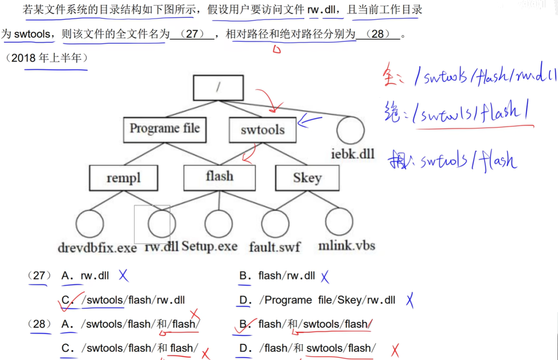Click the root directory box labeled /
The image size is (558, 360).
tap(218, 88)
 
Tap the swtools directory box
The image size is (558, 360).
tap(263, 130)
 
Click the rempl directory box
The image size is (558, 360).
tap(123, 178)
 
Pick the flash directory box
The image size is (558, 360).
tap(219, 177)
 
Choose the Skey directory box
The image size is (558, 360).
tap(307, 178)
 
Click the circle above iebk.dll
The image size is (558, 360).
tap(350, 130)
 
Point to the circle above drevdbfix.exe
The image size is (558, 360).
tap(90, 224)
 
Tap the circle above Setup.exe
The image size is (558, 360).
tap(219, 224)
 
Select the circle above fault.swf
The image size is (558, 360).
tap(275, 224)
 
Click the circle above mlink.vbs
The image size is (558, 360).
tap(339, 222)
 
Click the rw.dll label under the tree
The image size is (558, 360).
tap(162, 246)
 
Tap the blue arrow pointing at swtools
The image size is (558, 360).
tap(310, 121)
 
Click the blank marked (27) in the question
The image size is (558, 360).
tap(192, 34)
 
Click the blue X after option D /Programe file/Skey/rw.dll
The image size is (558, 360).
tap(409, 300)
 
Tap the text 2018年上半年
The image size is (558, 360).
tap(49, 58)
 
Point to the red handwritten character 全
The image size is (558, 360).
tap(393, 76)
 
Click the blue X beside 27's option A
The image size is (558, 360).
tap(123, 276)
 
